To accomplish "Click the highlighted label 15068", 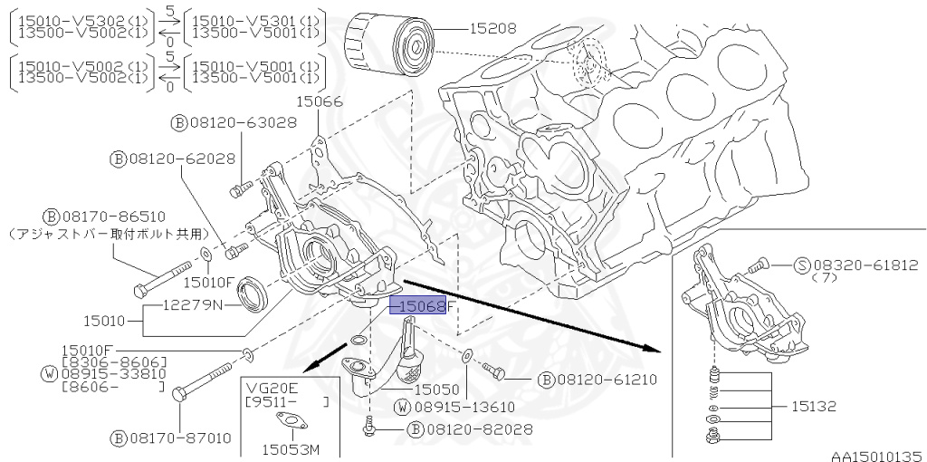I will click(418, 306).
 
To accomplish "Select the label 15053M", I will click(289, 448).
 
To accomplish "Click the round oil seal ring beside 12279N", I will click(253, 294).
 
